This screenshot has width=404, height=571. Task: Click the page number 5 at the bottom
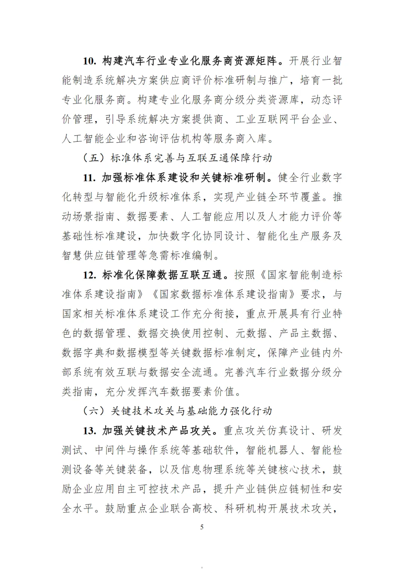pos(202,527)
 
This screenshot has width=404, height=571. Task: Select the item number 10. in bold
pos(90,61)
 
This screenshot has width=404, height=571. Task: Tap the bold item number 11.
pos(90,178)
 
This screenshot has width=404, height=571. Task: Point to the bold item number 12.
pos(90,275)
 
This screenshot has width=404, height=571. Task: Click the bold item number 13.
pos(90,431)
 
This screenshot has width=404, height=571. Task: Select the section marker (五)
pos(95,158)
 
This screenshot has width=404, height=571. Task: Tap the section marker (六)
pos(95,411)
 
